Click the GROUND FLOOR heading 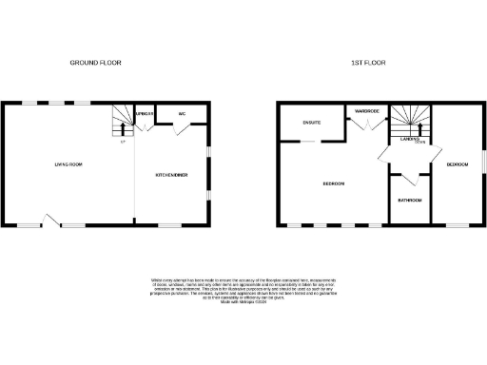point(96,63)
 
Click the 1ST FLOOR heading point(367,63)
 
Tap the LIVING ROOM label point(68,165)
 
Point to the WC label point(182,114)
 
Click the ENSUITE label point(311,123)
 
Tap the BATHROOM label point(410,201)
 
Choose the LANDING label point(411,141)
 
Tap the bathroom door point(410,180)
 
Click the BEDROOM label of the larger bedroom point(333,182)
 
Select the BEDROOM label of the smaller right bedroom point(458,165)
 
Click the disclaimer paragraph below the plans point(243,289)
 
